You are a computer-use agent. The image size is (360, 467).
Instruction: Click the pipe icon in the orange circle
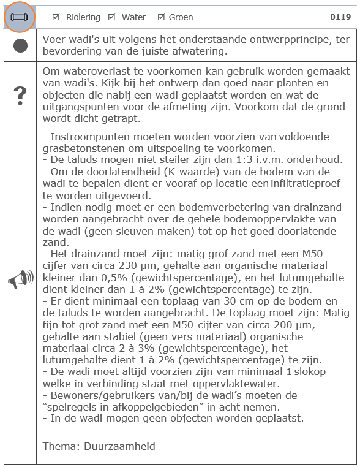(20, 17)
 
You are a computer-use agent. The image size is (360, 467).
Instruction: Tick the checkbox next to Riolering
(56, 17)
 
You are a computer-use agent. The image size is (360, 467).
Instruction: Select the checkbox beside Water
(111, 17)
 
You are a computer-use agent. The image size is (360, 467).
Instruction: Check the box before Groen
(161, 17)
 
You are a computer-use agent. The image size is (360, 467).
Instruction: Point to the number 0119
(340, 17)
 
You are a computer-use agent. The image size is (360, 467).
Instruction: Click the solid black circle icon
(20, 46)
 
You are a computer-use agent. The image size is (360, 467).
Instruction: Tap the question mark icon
(20, 96)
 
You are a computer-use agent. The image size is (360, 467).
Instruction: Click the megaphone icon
(20, 280)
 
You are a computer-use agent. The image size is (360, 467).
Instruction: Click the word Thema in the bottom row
(59, 446)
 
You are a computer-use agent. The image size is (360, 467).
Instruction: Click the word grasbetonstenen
(84, 148)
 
